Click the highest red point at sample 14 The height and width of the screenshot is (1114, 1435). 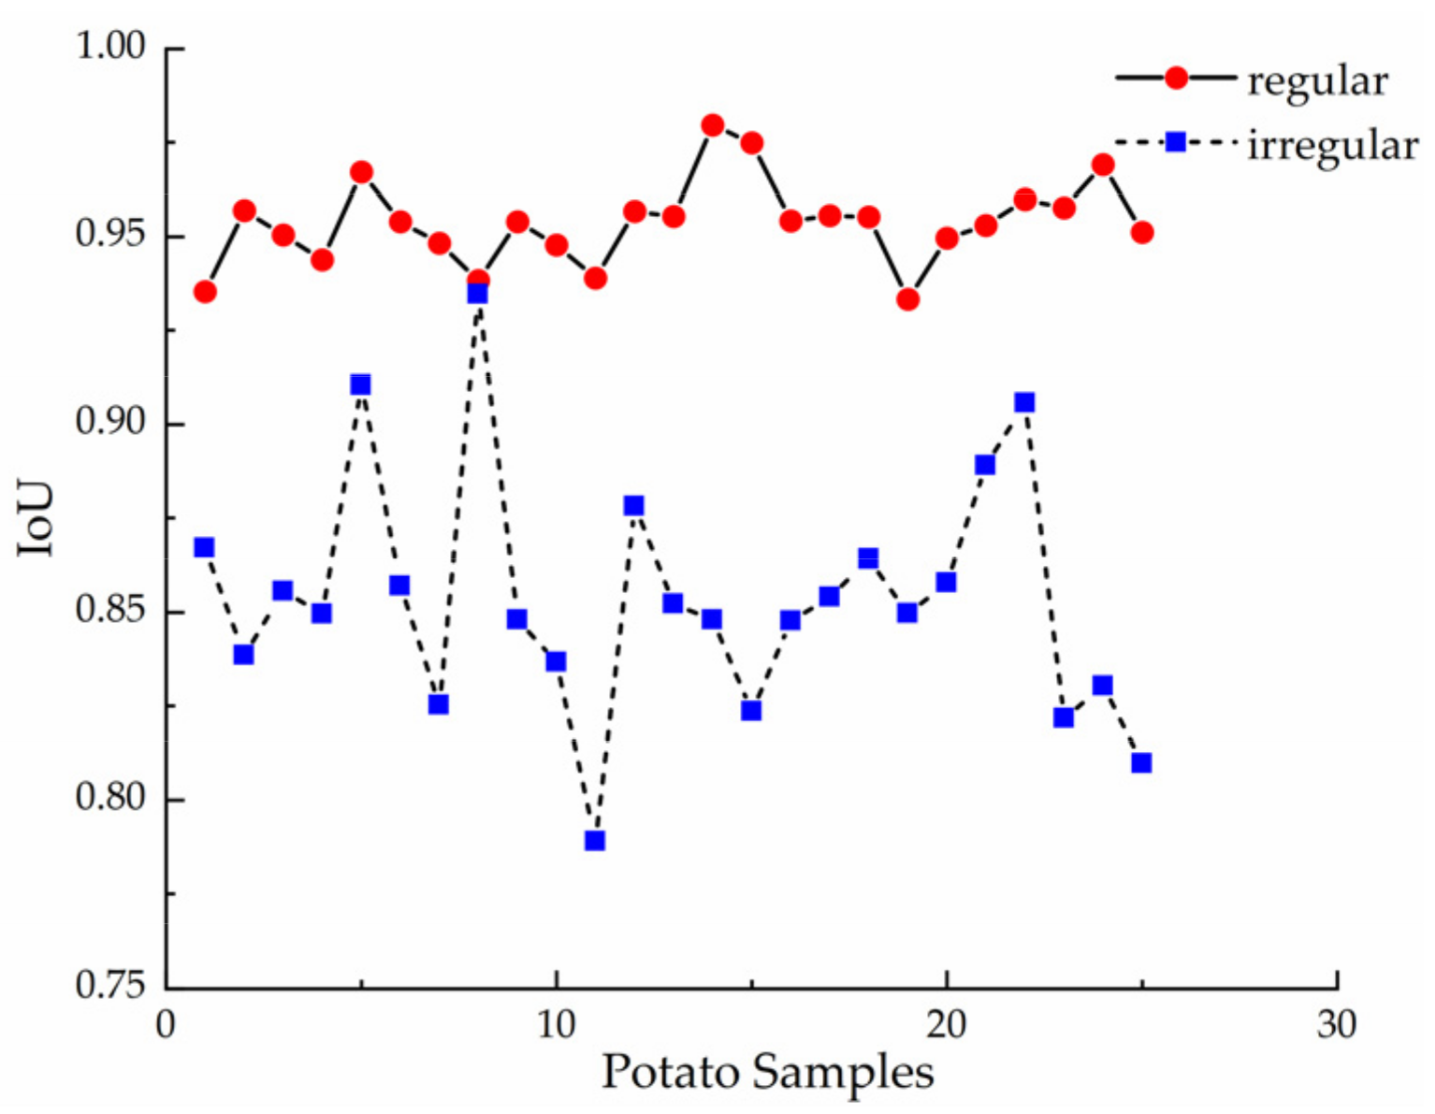click(x=713, y=125)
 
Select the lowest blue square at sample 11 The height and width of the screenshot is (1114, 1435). click(x=595, y=841)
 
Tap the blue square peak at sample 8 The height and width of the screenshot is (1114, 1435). click(x=478, y=294)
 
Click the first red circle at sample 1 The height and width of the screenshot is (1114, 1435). click(x=205, y=292)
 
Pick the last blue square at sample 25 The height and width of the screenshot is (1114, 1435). click(x=1141, y=762)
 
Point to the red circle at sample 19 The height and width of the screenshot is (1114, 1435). click(x=907, y=299)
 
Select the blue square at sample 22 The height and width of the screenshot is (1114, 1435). click(x=1024, y=402)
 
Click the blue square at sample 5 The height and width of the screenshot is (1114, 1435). click(x=361, y=384)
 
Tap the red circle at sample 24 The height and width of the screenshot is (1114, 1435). click(x=1103, y=165)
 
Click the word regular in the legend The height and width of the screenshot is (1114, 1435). click(x=1317, y=82)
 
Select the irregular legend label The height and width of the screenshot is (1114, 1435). click(x=1332, y=146)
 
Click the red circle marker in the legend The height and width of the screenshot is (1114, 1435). click(x=1176, y=79)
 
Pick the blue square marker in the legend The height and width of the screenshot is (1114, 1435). click(x=1176, y=142)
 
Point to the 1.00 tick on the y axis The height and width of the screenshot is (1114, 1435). click(x=110, y=47)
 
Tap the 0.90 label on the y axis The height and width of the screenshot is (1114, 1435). click(x=110, y=423)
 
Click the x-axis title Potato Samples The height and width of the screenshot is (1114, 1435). click(x=767, y=1073)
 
